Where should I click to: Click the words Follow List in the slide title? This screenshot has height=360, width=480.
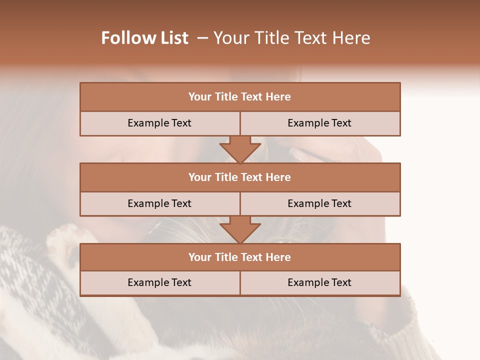click(x=144, y=38)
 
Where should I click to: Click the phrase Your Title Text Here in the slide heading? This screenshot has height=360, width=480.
click(x=291, y=38)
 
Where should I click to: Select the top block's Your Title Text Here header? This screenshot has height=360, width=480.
click(x=239, y=96)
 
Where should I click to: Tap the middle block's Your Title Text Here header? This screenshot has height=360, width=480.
click(x=239, y=177)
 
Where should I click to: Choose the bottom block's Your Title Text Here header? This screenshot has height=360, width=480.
click(x=239, y=257)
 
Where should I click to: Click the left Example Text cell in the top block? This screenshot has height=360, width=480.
click(x=159, y=123)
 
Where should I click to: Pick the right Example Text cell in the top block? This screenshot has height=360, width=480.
click(x=319, y=123)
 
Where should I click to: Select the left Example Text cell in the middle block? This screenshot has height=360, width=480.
click(x=159, y=203)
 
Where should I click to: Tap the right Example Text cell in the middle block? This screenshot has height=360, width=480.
click(x=319, y=203)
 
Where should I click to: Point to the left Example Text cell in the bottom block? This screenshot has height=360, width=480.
click(x=159, y=282)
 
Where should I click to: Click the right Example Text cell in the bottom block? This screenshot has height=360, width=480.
click(x=319, y=282)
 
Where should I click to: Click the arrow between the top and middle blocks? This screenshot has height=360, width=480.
click(x=240, y=149)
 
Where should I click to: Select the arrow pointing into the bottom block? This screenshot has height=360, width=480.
click(x=240, y=229)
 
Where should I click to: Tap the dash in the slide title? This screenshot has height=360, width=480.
click(x=202, y=38)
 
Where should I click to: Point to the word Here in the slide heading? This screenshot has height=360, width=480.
click(x=352, y=38)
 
